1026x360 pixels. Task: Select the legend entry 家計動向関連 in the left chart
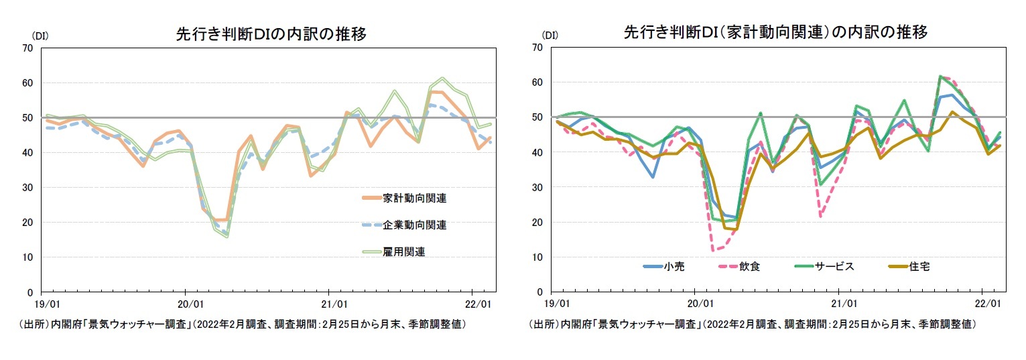[415, 198]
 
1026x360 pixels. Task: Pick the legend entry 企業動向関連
[415, 225]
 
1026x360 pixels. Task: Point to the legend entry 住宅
[919, 266]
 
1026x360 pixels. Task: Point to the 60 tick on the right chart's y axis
[537, 82]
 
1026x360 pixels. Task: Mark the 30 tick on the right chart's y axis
[537, 187]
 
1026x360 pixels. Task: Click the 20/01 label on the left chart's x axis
[185, 304]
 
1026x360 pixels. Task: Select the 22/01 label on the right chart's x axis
[982, 304]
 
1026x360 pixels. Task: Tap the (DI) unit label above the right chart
[550, 35]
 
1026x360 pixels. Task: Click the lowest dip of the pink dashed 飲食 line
[716, 250]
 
